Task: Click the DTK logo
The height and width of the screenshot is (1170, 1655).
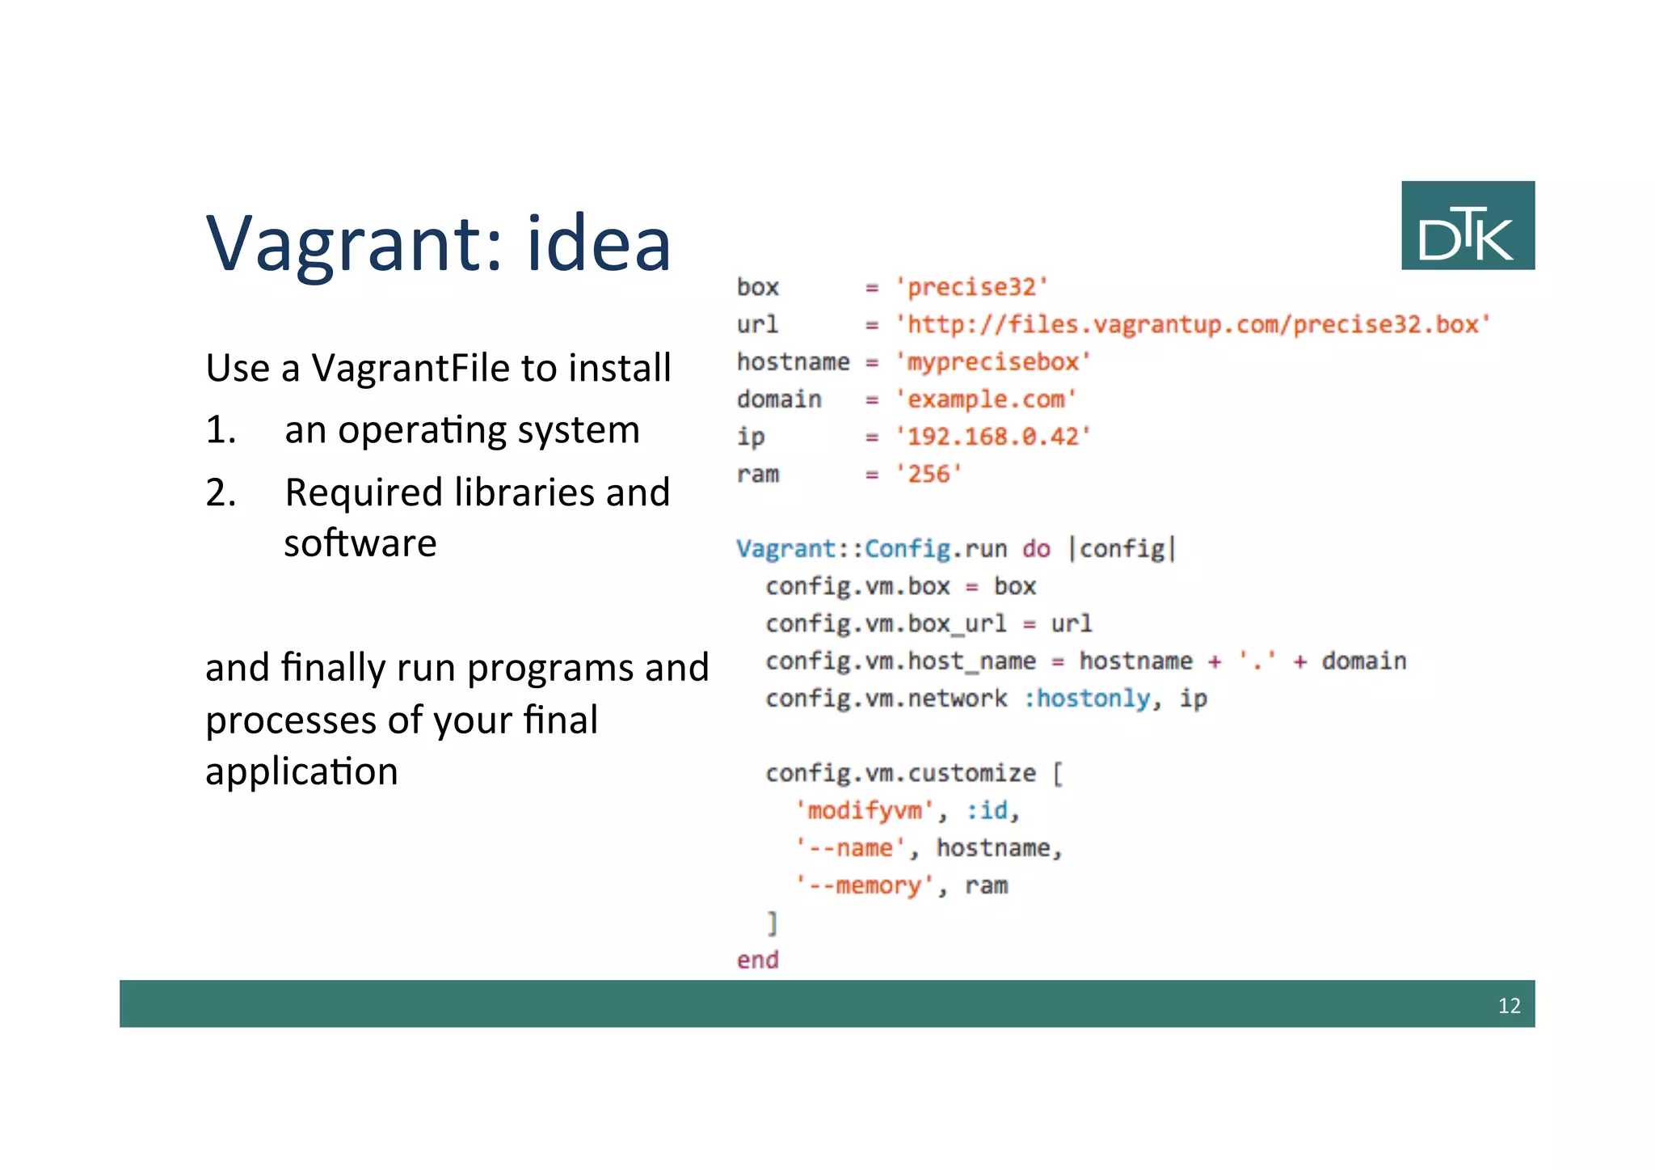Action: [1467, 226]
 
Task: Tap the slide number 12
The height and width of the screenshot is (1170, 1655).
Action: [1509, 1005]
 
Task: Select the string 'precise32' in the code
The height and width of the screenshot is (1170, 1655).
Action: [971, 287]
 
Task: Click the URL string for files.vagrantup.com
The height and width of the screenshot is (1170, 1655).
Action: [1192, 324]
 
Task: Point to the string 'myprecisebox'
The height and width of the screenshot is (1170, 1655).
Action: [993, 361]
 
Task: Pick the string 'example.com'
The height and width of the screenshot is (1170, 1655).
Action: [986, 399]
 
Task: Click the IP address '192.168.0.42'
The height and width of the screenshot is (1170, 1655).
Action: [993, 437]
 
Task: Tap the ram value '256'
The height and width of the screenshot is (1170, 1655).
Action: [929, 474]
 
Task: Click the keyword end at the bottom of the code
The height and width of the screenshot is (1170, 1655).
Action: [757, 960]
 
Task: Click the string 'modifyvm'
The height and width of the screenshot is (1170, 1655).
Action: [864, 810]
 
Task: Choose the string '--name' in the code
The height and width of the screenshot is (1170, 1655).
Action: [850, 848]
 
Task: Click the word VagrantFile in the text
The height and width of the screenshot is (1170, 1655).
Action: [411, 369]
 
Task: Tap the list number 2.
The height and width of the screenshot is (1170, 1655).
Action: [220, 492]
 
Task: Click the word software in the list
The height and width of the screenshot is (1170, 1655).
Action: [360, 543]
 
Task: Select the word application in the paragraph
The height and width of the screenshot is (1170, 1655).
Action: [301, 771]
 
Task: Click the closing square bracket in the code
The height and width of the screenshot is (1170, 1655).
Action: [773, 923]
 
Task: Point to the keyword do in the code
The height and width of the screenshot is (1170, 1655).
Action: [1036, 549]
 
